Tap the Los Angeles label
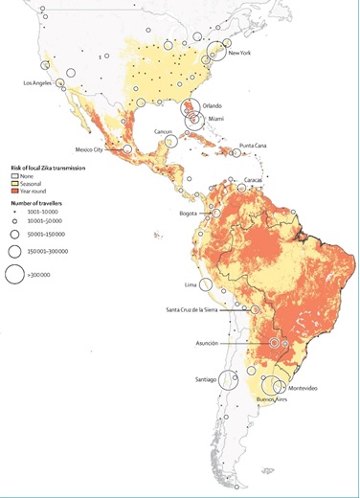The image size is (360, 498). pyautogui.click(x=41, y=83)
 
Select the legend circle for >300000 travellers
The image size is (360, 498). pyautogui.click(x=15, y=275)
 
